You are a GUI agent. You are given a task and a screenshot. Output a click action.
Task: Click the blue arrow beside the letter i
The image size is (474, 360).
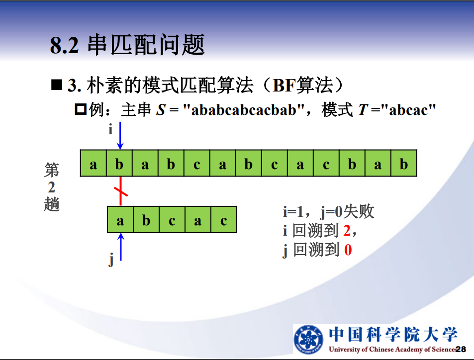(120, 136)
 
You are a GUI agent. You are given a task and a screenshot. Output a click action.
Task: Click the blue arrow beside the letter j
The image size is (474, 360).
(121, 247)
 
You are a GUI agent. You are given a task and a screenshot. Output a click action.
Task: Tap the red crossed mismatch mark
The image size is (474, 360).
(121, 191)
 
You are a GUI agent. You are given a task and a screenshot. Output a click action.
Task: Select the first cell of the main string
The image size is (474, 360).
(94, 163)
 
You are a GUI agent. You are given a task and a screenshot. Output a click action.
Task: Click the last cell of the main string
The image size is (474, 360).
(404, 163)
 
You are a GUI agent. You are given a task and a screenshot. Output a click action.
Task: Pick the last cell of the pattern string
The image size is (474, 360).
(224, 220)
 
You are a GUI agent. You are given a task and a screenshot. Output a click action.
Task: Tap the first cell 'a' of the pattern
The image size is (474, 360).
(120, 220)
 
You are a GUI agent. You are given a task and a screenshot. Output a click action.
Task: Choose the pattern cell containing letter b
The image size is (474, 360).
(146, 220)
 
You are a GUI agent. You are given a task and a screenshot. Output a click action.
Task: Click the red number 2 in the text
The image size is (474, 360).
(347, 231)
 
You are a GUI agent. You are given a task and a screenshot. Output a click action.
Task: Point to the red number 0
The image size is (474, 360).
(348, 250)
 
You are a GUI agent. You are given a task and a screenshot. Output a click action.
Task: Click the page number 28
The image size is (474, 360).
(461, 350)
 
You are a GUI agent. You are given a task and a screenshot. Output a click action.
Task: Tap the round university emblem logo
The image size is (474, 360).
(309, 339)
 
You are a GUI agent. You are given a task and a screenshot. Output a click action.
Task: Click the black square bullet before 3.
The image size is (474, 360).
(57, 85)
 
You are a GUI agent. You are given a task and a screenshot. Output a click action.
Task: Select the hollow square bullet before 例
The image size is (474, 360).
(81, 109)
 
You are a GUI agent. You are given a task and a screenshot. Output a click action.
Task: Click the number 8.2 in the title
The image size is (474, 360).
(64, 46)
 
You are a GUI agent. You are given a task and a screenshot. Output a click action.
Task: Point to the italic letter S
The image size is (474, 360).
(161, 110)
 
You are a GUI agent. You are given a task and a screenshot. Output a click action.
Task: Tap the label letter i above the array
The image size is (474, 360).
(110, 129)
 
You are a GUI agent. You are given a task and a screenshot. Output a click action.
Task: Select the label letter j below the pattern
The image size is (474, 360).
(111, 260)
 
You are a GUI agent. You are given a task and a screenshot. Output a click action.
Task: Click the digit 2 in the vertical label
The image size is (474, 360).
(52, 187)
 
